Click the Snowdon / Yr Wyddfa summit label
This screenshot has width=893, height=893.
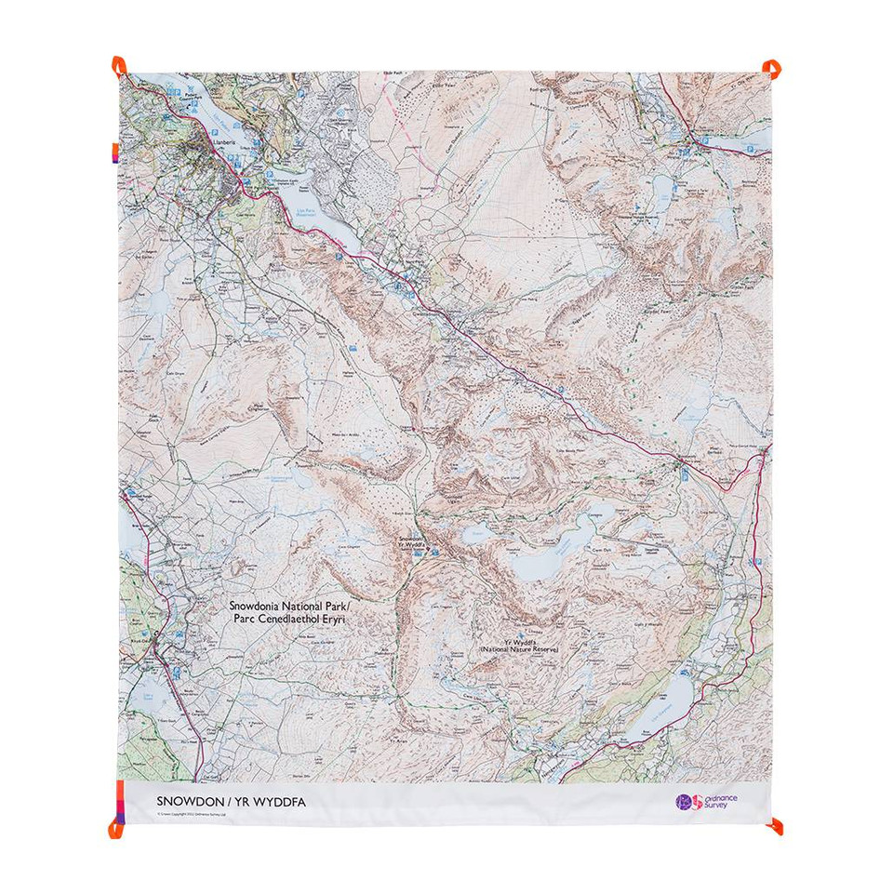coord(410,541)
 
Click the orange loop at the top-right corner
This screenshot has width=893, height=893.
coord(771,67)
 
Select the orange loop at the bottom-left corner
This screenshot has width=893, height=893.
coord(118,826)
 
